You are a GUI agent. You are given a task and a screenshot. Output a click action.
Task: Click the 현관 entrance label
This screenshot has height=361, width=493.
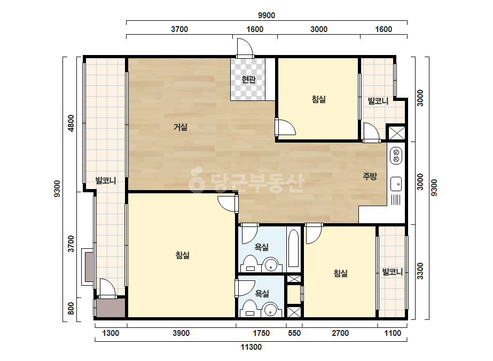click(248, 80)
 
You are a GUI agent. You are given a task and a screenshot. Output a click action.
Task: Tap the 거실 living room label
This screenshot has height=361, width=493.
click(181, 127)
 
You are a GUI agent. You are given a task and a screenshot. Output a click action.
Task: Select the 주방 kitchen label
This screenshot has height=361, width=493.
click(370, 176)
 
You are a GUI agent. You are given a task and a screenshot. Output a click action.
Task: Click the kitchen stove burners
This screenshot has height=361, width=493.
click(396, 155)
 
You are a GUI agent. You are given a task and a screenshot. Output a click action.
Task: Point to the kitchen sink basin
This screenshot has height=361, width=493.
click(396, 184)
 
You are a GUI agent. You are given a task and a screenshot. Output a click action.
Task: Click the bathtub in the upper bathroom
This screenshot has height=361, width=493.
click(294, 248)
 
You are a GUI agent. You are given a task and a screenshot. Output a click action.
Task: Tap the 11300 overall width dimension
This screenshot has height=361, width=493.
click(251, 347)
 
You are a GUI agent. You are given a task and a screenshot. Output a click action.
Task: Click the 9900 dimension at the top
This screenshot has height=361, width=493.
click(267, 15)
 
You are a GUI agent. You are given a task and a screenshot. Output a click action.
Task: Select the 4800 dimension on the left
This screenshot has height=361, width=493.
click(72, 123)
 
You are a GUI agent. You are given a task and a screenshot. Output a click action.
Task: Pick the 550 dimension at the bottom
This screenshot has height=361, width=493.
click(294, 333)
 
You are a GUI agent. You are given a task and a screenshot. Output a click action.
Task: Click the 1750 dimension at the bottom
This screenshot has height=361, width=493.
click(261, 333)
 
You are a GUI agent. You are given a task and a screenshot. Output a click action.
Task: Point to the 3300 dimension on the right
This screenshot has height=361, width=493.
click(420, 271)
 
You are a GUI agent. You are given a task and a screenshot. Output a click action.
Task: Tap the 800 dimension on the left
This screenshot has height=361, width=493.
click(72, 308)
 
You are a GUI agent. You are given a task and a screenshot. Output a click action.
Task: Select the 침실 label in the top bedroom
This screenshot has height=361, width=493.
click(318, 99)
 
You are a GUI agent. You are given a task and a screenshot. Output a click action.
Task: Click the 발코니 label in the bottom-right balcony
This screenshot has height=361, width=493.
click(393, 272)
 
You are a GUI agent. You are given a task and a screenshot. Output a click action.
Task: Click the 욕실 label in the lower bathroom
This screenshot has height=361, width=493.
click(262, 294)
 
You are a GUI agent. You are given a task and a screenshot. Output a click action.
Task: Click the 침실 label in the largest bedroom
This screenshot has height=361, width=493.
click(183, 255)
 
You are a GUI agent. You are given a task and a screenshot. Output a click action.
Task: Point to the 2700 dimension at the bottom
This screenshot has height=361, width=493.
click(340, 333)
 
